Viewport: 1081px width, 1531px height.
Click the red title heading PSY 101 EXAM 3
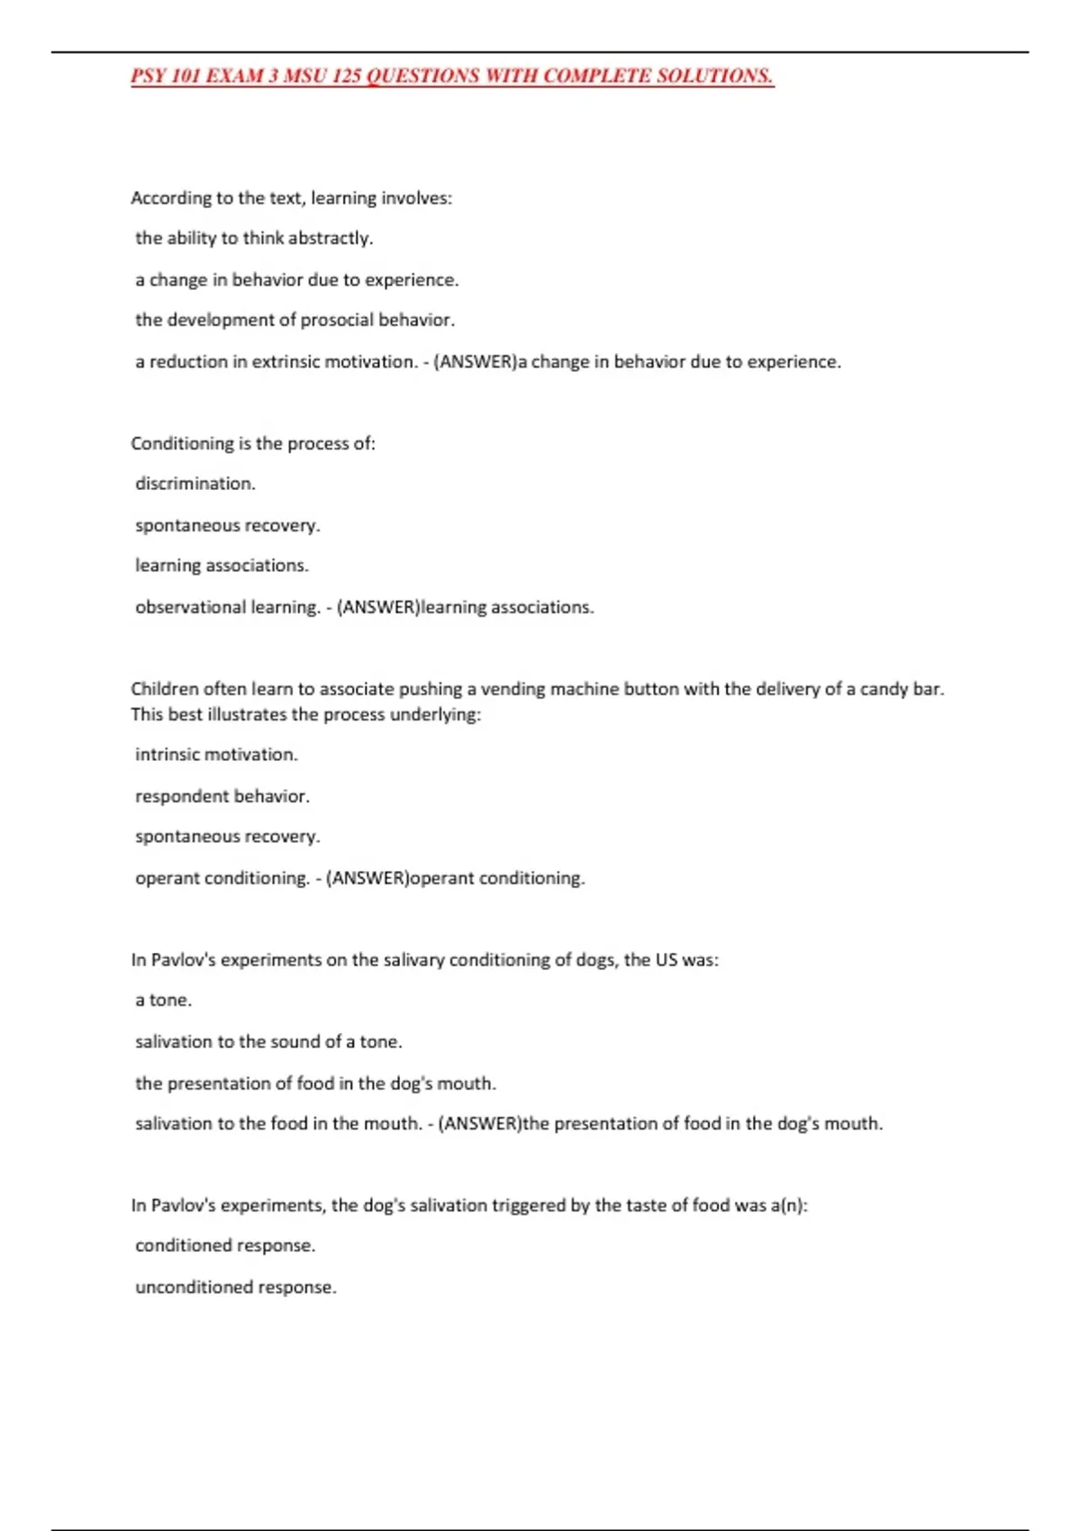(451, 76)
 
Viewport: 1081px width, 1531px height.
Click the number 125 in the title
(346, 76)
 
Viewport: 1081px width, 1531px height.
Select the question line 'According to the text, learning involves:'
(291, 198)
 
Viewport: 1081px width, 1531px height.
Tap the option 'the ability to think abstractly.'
(254, 239)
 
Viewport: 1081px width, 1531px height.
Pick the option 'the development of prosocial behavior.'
(295, 321)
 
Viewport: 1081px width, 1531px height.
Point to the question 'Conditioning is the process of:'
(253, 444)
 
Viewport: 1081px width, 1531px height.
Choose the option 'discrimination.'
(195, 485)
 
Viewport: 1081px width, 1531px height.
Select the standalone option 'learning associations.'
(222, 566)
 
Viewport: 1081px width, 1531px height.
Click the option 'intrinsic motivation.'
(216, 755)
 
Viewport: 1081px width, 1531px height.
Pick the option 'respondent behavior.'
(223, 797)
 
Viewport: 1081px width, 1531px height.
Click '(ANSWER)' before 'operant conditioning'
(368, 878)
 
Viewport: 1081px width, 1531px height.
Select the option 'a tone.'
(163, 1001)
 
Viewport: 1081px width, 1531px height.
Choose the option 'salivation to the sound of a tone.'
(268, 1042)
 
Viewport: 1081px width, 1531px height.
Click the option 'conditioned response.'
(225, 1246)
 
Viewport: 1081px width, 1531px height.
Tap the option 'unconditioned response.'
(236, 1288)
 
